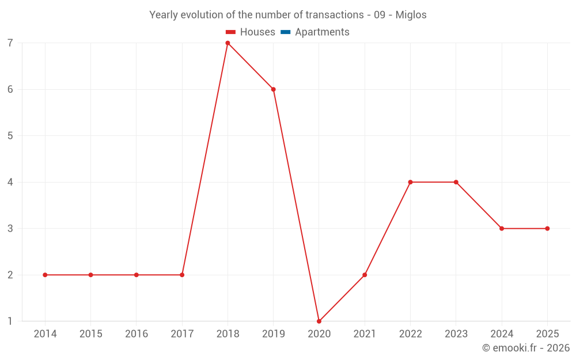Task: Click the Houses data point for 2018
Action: pyautogui.click(x=228, y=43)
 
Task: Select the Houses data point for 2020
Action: pyautogui.click(x=319, y=321)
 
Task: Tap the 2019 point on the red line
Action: pyautogui.click(x=274, y=89)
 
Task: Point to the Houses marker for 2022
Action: pyautogui.click(x=410, y=182)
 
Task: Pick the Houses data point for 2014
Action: pyautogui.click(x=45, y=275)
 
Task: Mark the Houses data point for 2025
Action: pyautogui.click(x=547, y=229)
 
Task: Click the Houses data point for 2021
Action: pyautogui.click(x=365, y=275)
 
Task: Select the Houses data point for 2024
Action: pyautogui.click(x=502, y=229)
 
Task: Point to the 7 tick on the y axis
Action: pyautogui.click(x=10, y=43)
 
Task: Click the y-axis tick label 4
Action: pyautogui.click(x=10, y=182)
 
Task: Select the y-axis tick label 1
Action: pyautogui.click(x=10, y=321)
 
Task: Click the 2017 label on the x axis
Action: pyautogui.click(x=182, y=334)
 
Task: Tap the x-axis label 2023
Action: pyautogui.click(x=456, y=334)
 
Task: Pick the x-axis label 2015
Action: pyautogui.click(x=90, y=334)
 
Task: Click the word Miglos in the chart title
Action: pyautogui.click(x=411, y=15)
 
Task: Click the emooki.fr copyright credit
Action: pyautogui.click(x=526, y=348)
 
